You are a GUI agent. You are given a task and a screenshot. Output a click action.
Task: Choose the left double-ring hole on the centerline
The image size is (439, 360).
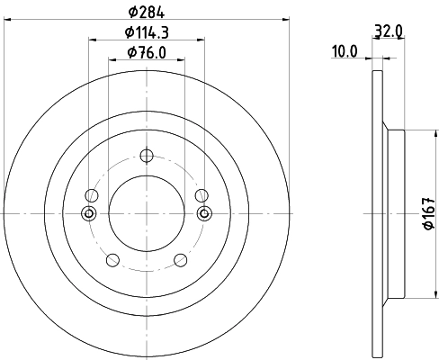tap(88, 213)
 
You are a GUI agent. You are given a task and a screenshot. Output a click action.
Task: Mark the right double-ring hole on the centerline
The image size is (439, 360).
tap(203, 213)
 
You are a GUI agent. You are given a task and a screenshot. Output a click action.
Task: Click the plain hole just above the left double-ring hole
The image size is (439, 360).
tap(90, 194)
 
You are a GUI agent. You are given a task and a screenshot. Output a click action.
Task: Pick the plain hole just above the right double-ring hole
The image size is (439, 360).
tap(202, 194)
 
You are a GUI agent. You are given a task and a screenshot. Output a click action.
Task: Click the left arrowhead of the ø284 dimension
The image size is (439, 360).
tap(8, 18)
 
